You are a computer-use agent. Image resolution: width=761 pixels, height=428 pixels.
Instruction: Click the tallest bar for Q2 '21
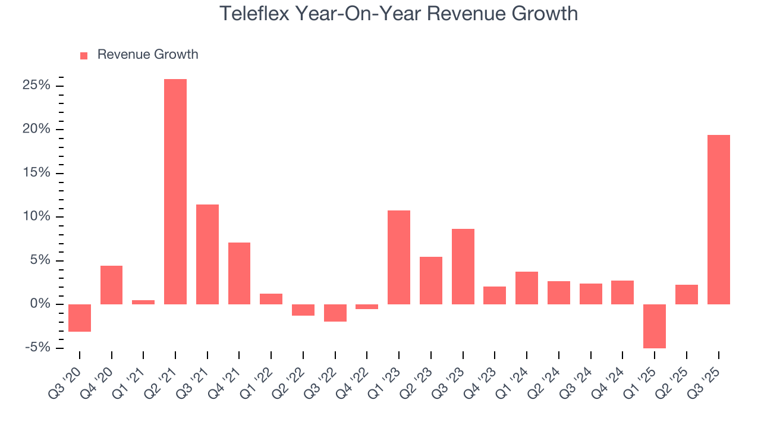tap(175, 191)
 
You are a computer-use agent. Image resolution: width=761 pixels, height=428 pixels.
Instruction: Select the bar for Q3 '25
tap(718, 219)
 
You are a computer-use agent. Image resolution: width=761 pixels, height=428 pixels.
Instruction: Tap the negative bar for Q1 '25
tap(655, 326)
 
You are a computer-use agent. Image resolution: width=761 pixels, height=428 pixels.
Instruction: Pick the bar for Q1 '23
tap(399, 257)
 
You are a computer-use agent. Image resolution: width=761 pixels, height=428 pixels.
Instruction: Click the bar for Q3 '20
tap(80, 317)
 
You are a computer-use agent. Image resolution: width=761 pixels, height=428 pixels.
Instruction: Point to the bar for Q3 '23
tap(463, 266)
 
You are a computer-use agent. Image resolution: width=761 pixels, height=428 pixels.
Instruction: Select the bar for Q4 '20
tap(112, 285)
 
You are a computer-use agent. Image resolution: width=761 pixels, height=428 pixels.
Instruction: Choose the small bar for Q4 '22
tap(367, 307)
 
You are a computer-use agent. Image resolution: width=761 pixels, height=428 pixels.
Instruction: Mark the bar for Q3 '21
tap(207, 254)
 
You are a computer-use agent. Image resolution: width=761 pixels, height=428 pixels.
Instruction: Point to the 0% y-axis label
tap(41, 304)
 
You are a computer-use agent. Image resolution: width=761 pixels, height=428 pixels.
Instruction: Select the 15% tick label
tap(37, 173)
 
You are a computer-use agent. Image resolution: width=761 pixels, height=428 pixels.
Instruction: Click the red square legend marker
tap(84, 55)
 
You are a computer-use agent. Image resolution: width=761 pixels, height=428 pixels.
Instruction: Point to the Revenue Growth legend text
tap(147, 55)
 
